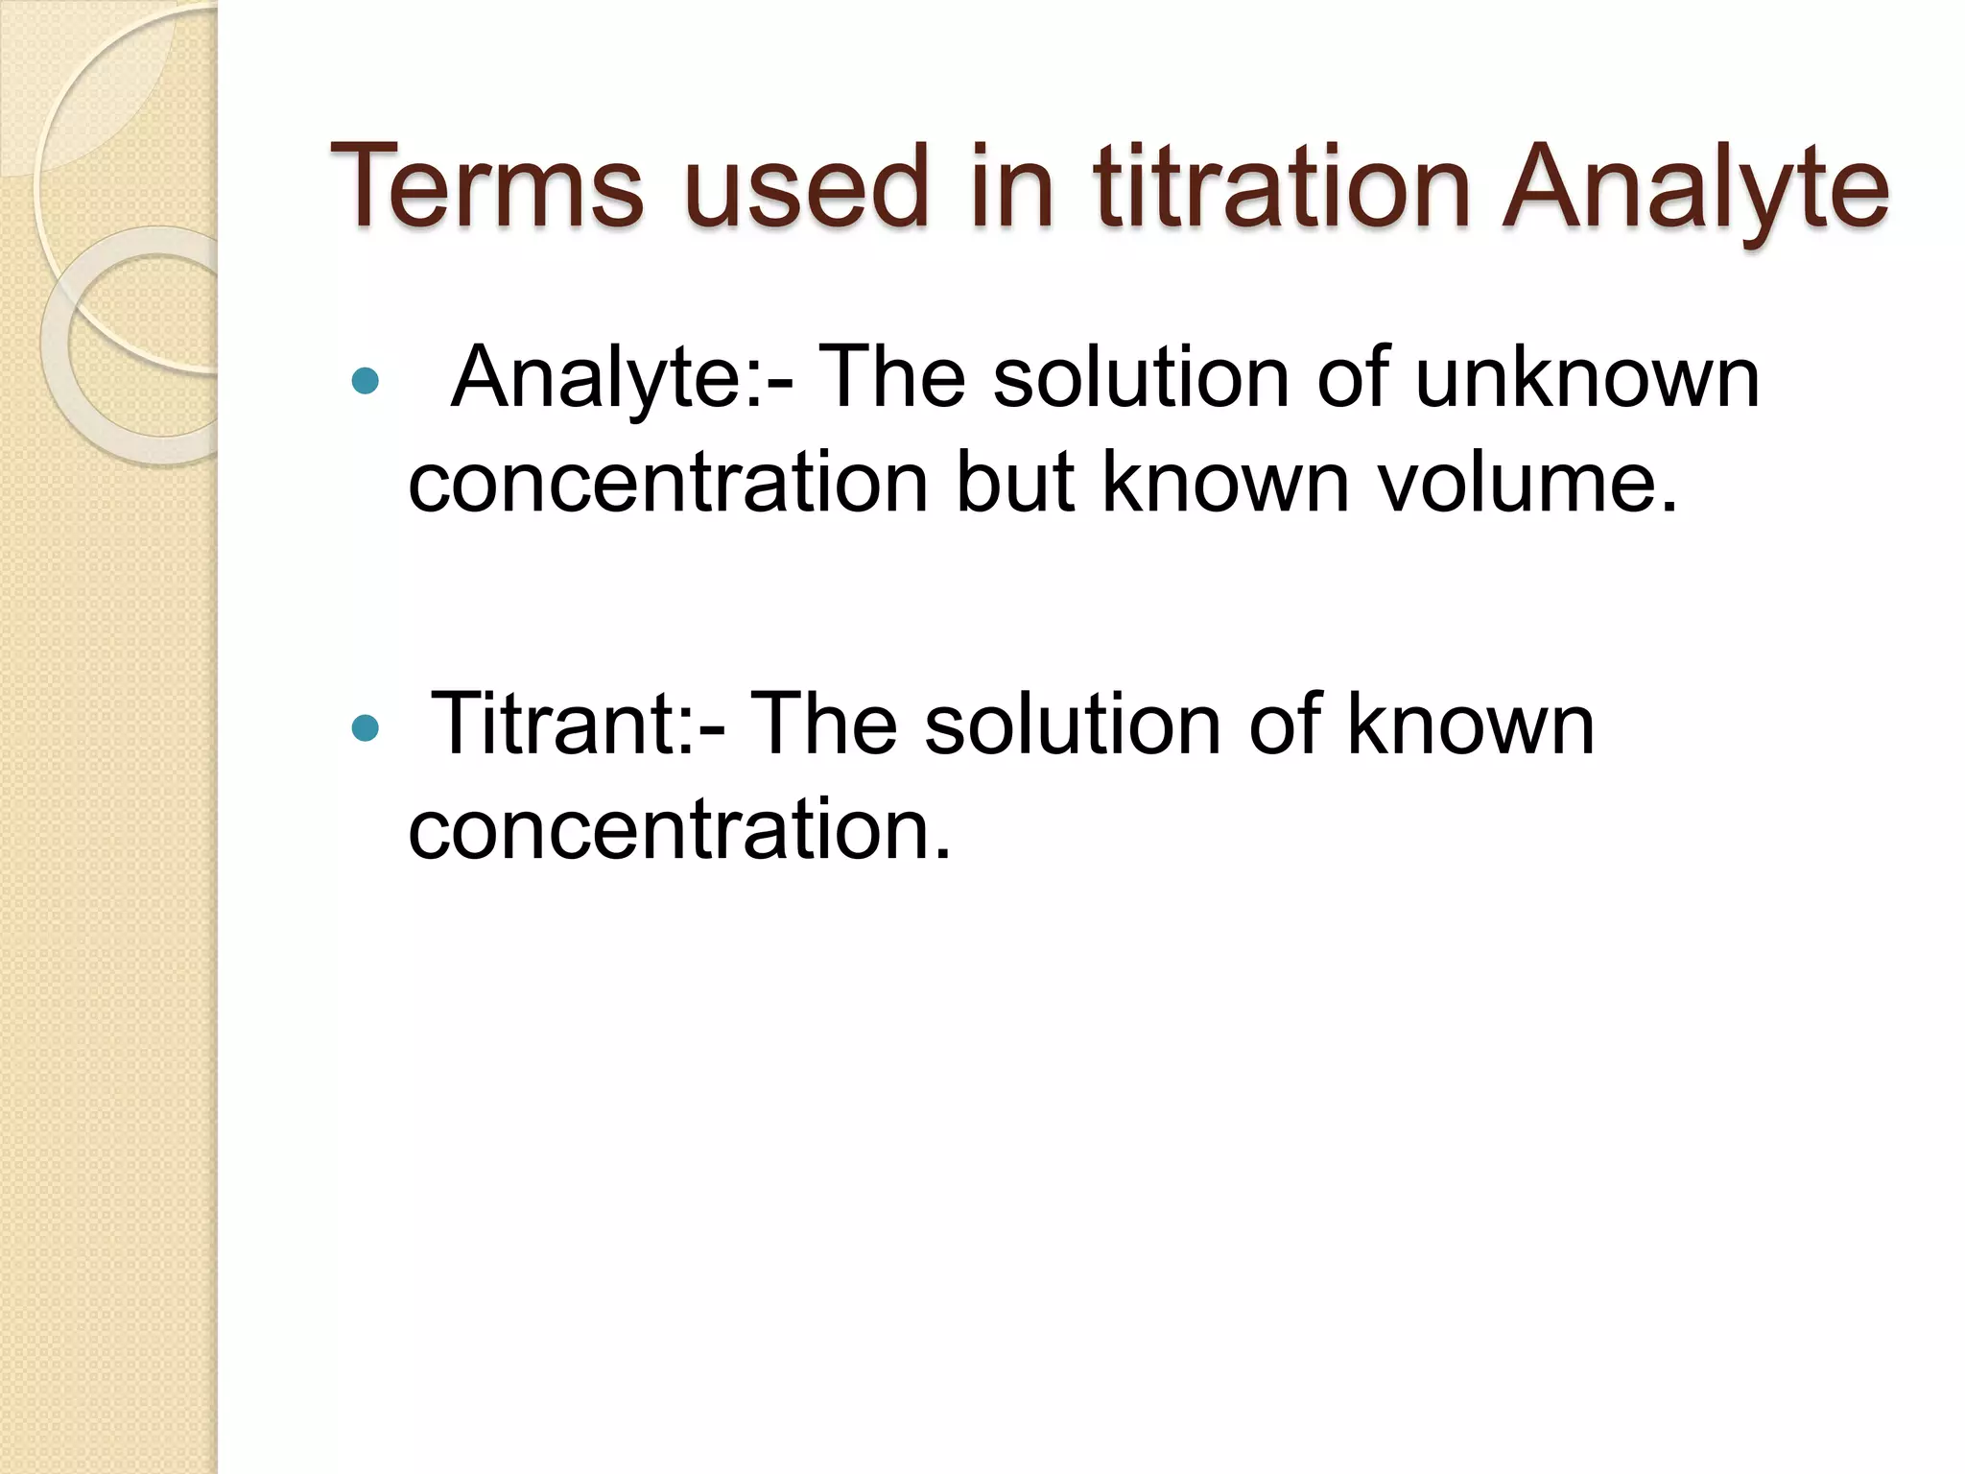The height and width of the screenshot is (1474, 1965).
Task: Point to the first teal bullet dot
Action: coord(366,382)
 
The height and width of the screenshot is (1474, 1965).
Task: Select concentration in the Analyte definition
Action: coord(668,484)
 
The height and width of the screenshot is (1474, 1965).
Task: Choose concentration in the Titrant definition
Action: coord(677,830)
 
